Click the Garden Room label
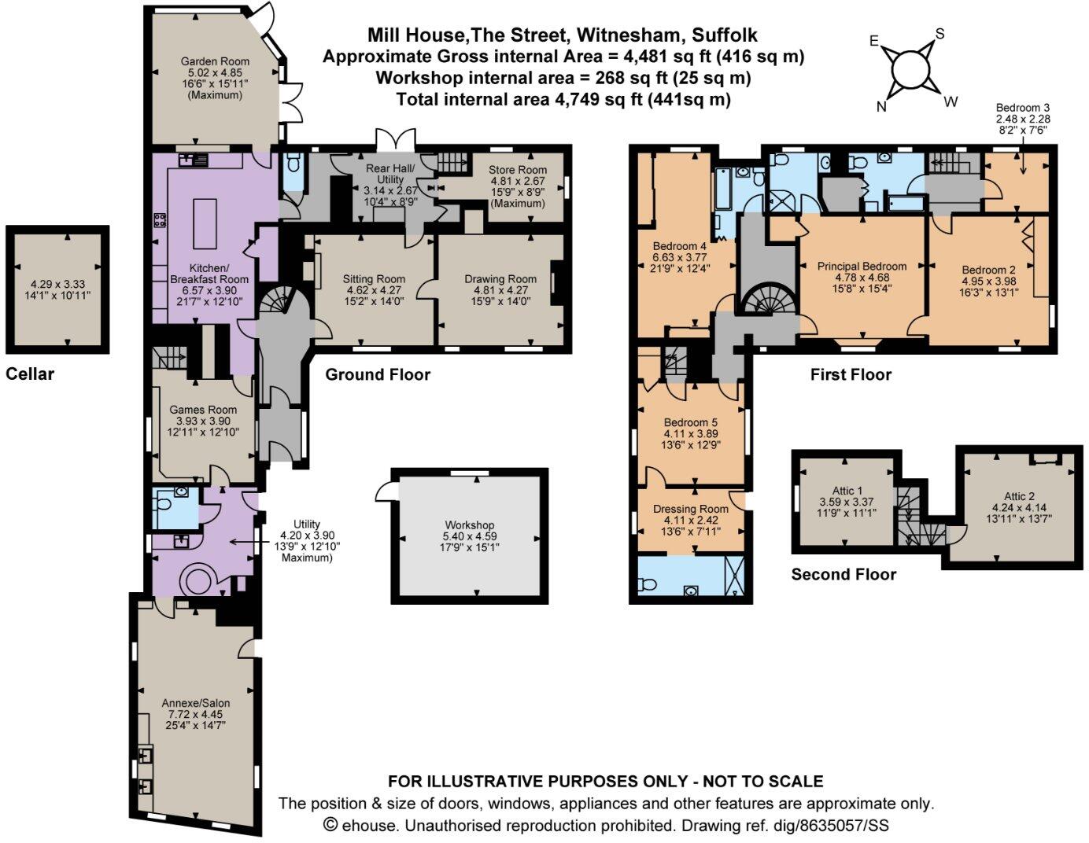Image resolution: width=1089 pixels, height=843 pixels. [x=215, y=61]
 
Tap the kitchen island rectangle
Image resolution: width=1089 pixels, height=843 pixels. [x=205, y=223]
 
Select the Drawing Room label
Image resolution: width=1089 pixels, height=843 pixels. [x=500, y=279]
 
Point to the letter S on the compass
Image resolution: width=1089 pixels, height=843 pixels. [x=939, y=34]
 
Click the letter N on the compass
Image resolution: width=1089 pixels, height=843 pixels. [x=881, y=107]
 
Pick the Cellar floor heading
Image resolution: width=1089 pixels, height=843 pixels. [x=30, y=374]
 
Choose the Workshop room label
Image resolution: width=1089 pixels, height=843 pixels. [x=470, y=525]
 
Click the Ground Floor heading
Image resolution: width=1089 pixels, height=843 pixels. [x=378, y=374]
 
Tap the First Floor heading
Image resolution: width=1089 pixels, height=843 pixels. [x=851, y=374]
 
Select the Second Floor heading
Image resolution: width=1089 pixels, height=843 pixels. [x=844, y=574]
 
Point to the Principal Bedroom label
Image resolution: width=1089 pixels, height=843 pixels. [x=862, y=267]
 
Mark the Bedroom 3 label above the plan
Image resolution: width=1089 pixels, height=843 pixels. [x=1023, y=108]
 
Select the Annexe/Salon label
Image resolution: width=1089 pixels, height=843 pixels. [x=195, y=703]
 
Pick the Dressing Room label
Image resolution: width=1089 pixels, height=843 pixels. [x=691, y=509]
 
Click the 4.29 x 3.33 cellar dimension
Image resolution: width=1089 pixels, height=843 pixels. [x=57, y=284]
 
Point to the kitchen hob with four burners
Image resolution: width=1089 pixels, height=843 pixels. [x=160, y=220]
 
